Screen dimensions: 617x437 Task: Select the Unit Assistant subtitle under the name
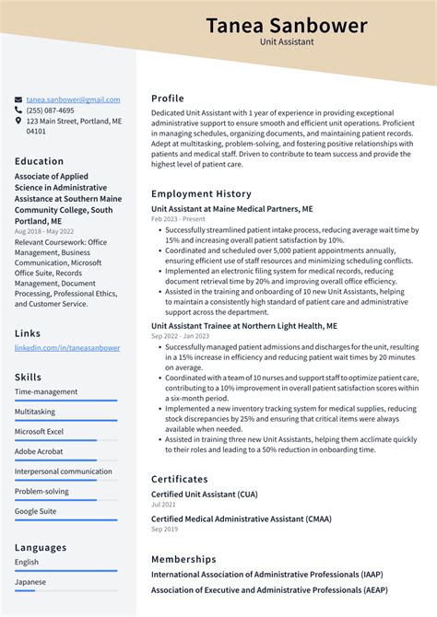tap(286, 42)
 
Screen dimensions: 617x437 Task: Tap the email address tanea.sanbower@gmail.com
tap(73, 99)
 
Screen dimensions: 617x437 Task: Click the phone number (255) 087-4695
tap(51, 111)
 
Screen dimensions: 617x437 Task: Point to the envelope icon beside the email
tap(18, 99)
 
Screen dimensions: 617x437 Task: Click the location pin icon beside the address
tap(18, 121)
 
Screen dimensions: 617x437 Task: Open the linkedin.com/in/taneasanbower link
tap(67, 348)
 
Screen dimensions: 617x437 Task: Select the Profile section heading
tap(168, 99)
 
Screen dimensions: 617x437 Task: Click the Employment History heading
tap(201, 194)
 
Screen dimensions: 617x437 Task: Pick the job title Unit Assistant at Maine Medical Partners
tap(232, 209)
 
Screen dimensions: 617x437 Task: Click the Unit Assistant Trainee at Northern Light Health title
tap(244, 326)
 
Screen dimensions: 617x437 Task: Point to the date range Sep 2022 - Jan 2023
tap(178, 336)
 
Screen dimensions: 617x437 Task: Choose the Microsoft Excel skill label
tap(39, 432)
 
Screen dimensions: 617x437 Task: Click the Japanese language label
tap(30, 582)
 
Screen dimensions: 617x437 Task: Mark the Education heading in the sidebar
tap(39, 161)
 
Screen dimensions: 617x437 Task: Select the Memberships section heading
tap(183, 559)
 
